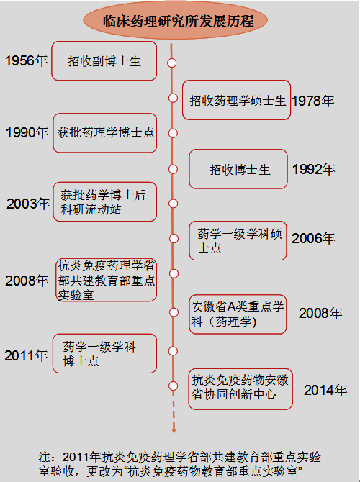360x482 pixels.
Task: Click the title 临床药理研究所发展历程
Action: point(178,21)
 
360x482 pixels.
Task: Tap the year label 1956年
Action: point(27,60)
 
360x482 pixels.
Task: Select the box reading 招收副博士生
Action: point(104,61)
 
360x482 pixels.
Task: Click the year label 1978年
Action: point(312,101)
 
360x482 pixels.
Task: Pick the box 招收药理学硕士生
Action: point(236,100)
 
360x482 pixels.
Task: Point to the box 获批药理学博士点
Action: point(105,133)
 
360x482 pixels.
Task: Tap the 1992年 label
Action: point(313,169)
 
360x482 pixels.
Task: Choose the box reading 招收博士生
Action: point(238,169)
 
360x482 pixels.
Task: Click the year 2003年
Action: point(28,204)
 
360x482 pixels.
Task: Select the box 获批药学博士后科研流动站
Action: point(105,201)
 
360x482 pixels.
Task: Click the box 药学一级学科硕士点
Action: point(238,241)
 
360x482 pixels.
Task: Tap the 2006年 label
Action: point(313,238)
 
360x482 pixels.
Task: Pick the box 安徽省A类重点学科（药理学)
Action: point(238,314)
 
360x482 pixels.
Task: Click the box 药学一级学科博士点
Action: point(104,353)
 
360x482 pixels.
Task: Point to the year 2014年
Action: point(325,390)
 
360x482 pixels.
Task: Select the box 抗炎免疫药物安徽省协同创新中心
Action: point(240,389)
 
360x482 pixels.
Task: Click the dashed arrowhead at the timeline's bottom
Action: point(174,430)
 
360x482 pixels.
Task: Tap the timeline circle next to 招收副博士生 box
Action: point(171,63)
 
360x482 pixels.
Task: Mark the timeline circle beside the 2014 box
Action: point(174,386)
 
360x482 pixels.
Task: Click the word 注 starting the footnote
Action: point(44,457)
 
